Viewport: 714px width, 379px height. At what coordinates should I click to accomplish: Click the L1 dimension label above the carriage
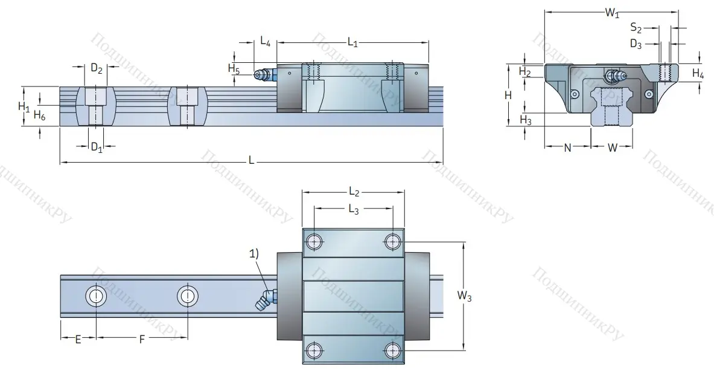[353, 42]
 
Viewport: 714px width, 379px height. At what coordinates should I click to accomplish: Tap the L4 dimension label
[265, 42]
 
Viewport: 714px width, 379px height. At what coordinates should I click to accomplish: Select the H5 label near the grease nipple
[234, 68]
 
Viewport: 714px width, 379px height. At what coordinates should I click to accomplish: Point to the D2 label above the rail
[97, 69]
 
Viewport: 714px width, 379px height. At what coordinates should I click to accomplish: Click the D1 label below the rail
[97, 147]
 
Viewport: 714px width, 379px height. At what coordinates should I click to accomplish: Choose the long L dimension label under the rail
[251, 160]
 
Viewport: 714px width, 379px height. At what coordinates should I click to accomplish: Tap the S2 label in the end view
[636, 27]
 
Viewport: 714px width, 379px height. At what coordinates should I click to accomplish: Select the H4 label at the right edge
[698, 74]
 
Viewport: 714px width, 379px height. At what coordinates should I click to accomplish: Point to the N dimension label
[567, 147]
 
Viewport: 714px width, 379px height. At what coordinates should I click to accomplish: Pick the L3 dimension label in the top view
[353, 209]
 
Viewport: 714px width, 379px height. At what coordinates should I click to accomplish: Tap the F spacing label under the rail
[142, 339]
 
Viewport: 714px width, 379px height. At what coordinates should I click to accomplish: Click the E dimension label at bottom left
[78, 339]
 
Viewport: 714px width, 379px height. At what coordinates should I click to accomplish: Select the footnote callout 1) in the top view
[253, 254]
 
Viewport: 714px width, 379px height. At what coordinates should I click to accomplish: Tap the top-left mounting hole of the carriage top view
[313, 242]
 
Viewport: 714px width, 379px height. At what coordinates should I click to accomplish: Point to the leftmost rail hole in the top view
[95, 296]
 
